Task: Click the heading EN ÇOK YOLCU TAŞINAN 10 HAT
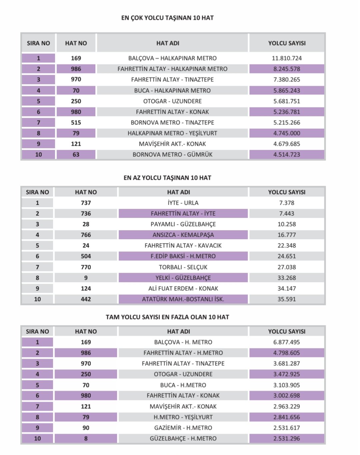point(167,18)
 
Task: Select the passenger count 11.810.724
point(287,58)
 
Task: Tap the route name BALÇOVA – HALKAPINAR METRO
point(172,58)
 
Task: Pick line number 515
point(76,123)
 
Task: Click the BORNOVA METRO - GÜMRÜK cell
point(172,155)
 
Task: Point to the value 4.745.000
point(287,133)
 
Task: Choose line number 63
point(76,155)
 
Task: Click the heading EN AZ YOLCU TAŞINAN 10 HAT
point(167,178)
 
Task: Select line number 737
point(86,203)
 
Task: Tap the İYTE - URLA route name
point(183,203)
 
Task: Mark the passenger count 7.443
point(287,214)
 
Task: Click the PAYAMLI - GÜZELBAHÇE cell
point(183,224)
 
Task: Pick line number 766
point(86,235)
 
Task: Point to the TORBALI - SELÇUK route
point(183,267)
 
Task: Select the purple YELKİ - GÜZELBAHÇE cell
point(183,278)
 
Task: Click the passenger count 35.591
point(287,299)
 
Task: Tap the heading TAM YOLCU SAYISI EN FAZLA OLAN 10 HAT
point(167,317)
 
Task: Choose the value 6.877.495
point(287,342)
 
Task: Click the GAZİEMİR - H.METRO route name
point(183,428)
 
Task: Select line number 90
point(86,428)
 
